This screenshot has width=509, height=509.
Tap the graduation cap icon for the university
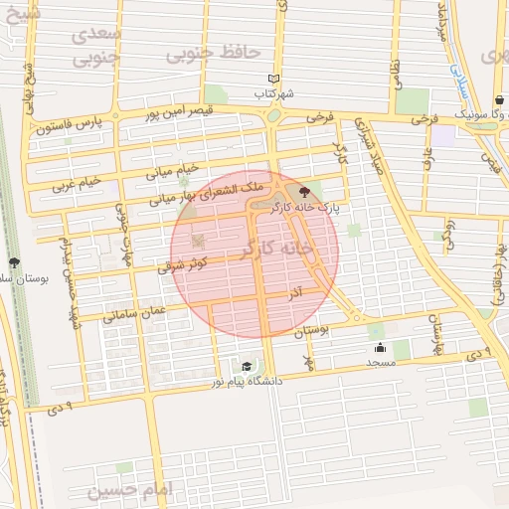(x=247, y=367)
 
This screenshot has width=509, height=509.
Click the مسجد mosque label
(x=381, y=362)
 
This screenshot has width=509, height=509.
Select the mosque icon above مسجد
(x=380, y=348)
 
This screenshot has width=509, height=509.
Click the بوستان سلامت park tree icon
(x=14, y=262)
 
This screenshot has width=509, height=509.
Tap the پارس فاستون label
(x=71, y=126)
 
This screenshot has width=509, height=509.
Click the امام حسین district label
(x=129, y=490)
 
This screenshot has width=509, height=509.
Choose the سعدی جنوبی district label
(x=96, y=45)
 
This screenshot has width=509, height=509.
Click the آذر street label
(x=295, y=294)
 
